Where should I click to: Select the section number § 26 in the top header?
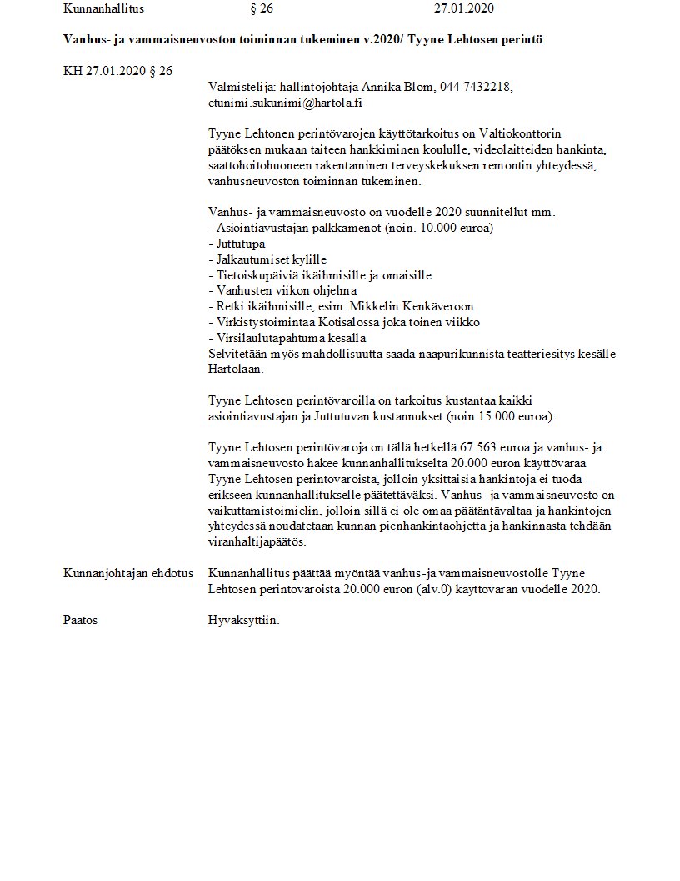point(262,9)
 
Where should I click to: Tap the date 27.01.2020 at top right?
point(464,9)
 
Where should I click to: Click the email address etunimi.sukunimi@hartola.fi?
point(286,103)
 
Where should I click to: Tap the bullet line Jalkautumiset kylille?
point(267,259)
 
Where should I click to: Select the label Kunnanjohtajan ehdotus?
point(128,573)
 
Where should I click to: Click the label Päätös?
point(81,620)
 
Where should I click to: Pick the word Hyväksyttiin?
point(243,620)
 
